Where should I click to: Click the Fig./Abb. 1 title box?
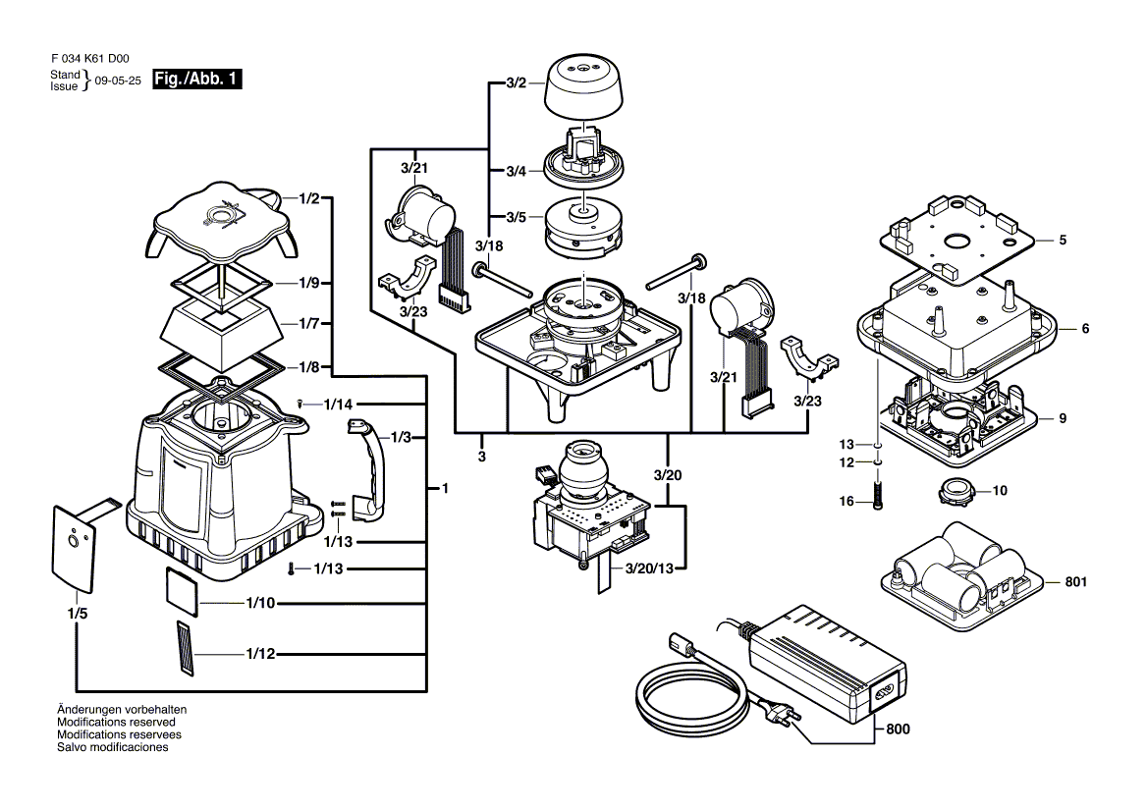tap(196, 80)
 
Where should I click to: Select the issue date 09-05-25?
tap(118, 81)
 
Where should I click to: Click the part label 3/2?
tap(516, 83)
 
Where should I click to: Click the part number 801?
tap(1076, 582)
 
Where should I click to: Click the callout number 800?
tap(899, 730)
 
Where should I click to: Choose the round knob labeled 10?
tap(954, 489)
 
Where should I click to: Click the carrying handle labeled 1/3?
tap(368, 466)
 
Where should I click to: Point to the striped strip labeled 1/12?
tap(187, 648)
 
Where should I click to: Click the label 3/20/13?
tap(648, 568)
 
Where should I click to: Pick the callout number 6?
tap(1085, 329)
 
